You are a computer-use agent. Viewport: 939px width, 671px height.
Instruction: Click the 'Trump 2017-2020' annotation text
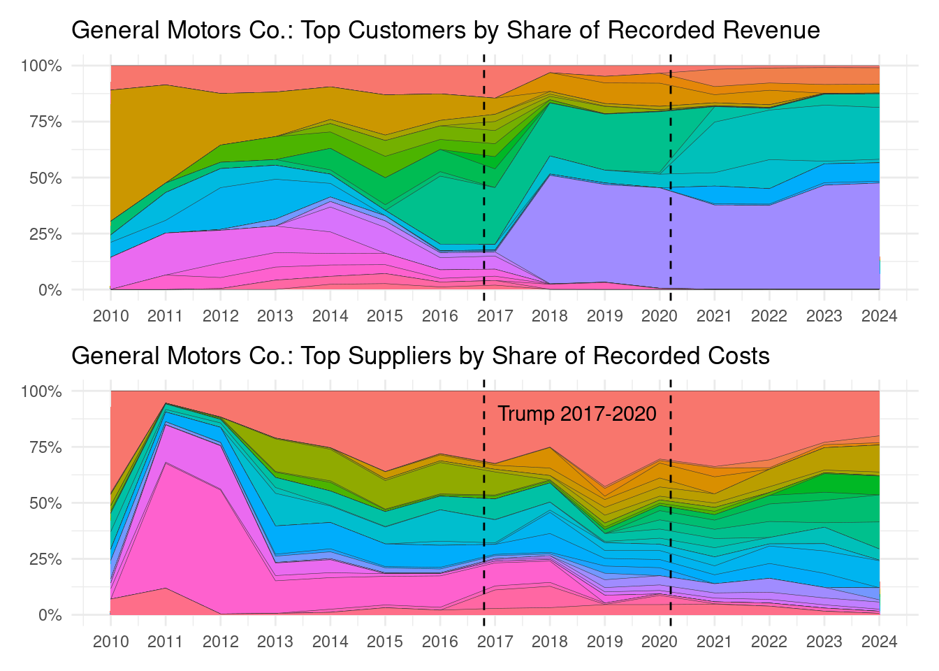click(576, 414)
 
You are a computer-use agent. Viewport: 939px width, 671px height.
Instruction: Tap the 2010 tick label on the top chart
click(110, 316)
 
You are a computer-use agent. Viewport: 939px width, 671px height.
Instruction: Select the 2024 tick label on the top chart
click(879, 316)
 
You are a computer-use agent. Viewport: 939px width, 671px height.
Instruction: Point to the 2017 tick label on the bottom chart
click(495, 642)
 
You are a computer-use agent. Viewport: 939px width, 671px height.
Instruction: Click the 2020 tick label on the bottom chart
click(659, 642)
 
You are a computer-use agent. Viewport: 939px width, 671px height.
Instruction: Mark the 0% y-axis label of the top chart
click(50, 290)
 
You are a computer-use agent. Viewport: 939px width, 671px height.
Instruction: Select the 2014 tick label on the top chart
click(330, 316)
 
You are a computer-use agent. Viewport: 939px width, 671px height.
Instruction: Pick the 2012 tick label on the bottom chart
click(220, 642)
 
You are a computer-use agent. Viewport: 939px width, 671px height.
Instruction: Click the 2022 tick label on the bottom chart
click(769, 642)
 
